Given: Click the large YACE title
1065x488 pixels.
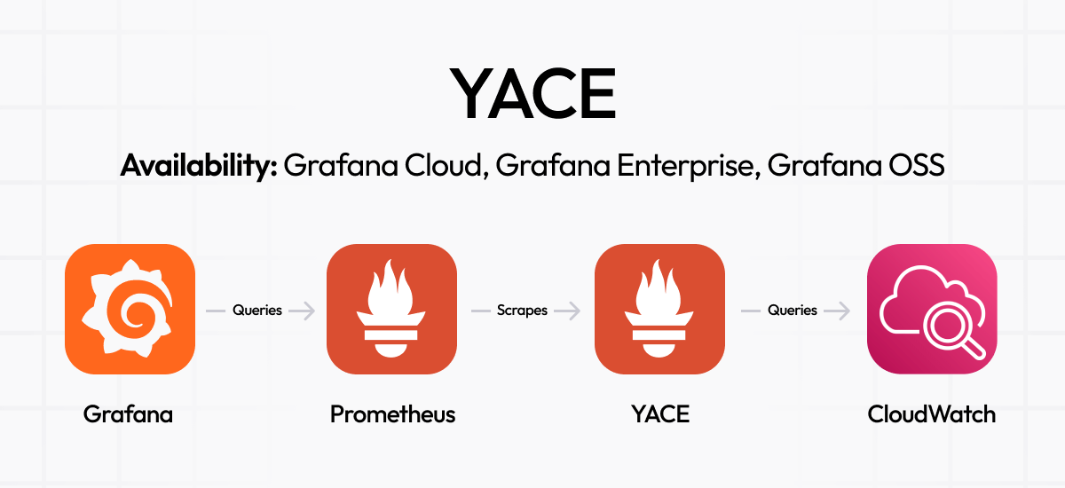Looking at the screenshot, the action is click(x=533, y=94).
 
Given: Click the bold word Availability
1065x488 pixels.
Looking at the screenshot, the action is click(x=199, y=166).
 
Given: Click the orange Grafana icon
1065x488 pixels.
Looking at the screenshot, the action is click(x=130, y=310).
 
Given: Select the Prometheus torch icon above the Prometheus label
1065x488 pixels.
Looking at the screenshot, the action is click(x=391, y=310).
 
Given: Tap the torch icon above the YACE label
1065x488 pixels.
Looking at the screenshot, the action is click(x=659, y=310).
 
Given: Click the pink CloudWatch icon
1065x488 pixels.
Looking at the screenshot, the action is click(x=932, y=310).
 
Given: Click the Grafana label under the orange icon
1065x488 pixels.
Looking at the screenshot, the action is click(x=128, y=413).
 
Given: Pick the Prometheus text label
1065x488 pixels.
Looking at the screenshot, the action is click(x=392, y=413).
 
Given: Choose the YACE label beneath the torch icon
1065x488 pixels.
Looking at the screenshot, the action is click(x=660, y=413).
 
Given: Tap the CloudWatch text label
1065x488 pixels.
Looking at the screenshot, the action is click(x=931, y=413).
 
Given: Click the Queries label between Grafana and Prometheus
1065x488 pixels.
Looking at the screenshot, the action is click(x=257, y=311).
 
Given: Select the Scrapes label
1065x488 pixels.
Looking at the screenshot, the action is click(x=522, y=311).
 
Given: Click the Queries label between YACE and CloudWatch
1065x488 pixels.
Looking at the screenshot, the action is click(x=793, y=311).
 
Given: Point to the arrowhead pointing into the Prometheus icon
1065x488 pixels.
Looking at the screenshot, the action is click(x=309, y=311).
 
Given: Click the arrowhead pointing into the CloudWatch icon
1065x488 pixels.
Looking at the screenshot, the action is click(x=844, y=311).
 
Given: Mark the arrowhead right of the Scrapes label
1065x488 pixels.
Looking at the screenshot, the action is click(x=574, y=311).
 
